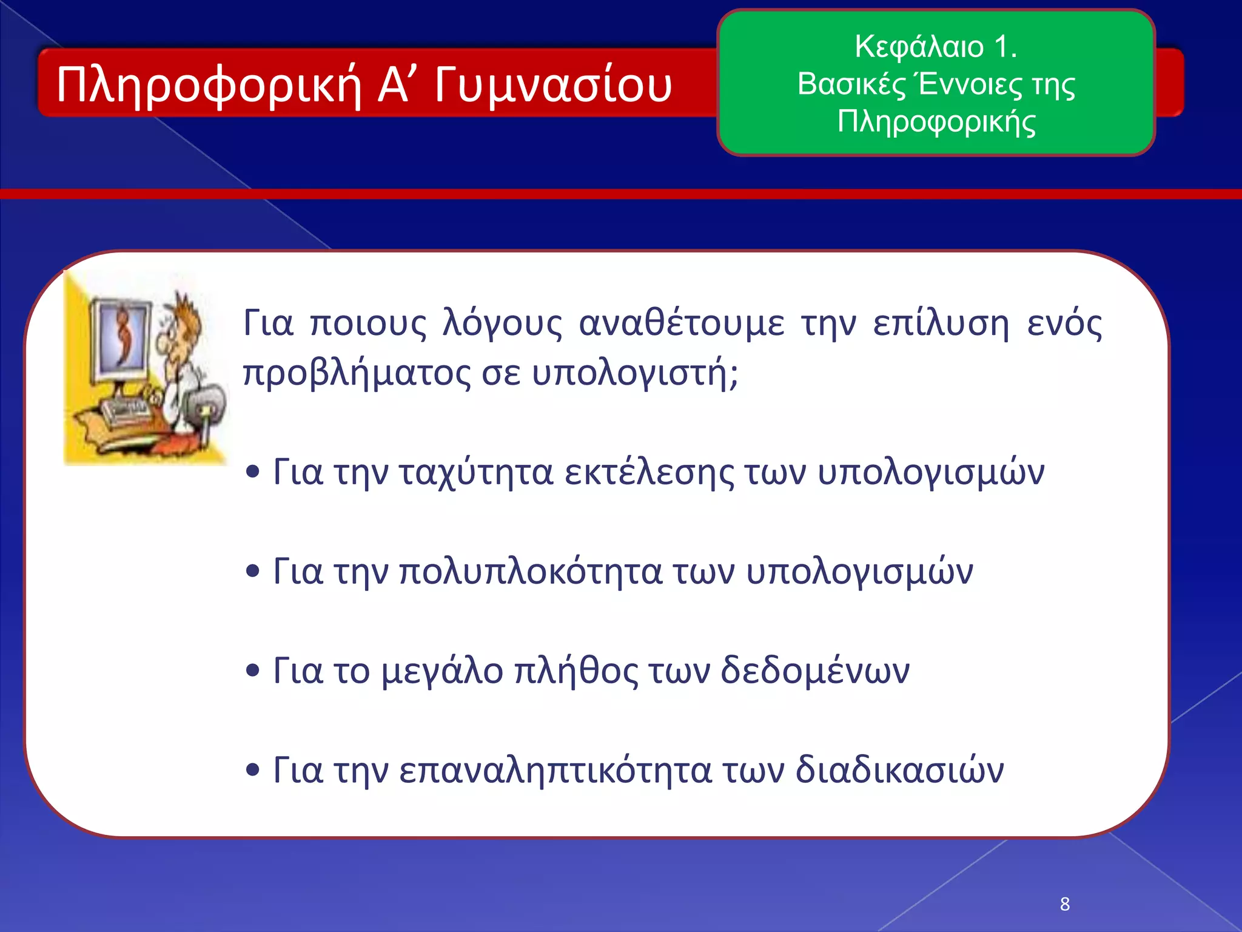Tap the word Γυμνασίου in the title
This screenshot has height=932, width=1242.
point(552,85)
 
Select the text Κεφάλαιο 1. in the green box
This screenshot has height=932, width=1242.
point(936,46)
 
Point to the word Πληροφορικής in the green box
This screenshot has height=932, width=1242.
point(936,121)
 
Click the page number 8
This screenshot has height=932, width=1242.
point(1064,904)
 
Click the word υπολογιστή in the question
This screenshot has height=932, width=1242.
point(634,373)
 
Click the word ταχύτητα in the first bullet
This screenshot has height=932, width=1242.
point(475,472)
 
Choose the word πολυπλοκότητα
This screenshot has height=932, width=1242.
point(530,572)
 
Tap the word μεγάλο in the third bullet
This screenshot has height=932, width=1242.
point(442,671)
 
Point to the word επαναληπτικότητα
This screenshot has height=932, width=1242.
point(554,771)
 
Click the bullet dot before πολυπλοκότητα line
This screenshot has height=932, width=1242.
point(253,570)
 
